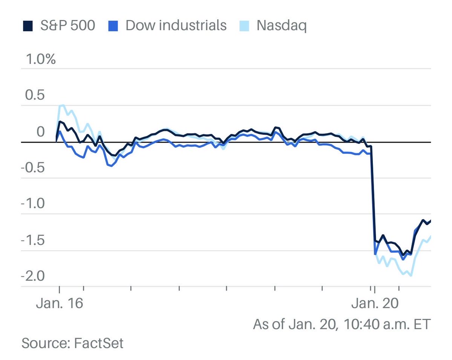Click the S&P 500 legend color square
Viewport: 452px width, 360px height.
(27, 26)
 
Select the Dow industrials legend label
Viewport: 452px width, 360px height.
(176, 26)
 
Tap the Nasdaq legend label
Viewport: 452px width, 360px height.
(281, 26)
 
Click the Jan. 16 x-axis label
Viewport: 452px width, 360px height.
(60, 304)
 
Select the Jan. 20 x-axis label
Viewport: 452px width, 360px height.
(375, 304)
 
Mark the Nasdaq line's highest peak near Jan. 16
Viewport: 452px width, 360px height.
(63, 105)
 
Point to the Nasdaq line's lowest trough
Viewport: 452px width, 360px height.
(410, 276)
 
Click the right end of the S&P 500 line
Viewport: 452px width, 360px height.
(430, 221)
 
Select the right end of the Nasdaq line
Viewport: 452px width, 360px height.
(430, 236)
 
